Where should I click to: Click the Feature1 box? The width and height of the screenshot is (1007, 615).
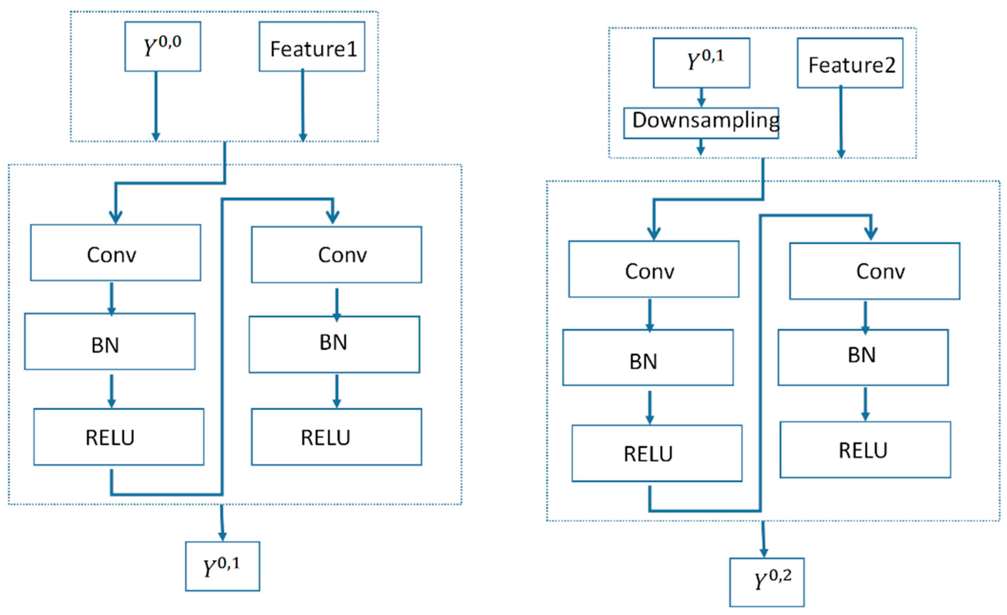(312, 46)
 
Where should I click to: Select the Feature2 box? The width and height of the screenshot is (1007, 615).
(850, 63)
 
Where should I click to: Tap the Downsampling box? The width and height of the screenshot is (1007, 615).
(701, 123)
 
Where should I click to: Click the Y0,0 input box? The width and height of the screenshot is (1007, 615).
(163, 46)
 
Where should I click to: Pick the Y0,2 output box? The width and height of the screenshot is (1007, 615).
(767, 582)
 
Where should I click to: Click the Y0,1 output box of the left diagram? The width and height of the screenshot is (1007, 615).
(222, 566)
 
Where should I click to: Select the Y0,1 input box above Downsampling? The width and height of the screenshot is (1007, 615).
(701, 63)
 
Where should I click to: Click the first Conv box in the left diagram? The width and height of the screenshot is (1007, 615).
(115, 252)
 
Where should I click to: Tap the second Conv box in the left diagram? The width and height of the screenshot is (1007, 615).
(336, 255)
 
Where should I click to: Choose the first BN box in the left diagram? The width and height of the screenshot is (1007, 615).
(110, 342)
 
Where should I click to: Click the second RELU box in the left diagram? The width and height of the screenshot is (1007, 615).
(336, 437)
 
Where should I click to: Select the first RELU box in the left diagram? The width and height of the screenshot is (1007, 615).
(118, 437)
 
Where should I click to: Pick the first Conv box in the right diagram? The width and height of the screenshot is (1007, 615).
(654, 269)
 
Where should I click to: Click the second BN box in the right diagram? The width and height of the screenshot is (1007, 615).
(863, 358)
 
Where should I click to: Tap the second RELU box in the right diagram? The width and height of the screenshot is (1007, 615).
(865, 449)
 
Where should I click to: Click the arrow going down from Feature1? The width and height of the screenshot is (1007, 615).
(303, 106)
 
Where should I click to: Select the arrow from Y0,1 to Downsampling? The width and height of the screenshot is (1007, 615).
(701, 97)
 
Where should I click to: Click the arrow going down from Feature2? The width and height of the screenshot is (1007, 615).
(841, 123)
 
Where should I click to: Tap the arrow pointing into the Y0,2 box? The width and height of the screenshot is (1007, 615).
(763, 540)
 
